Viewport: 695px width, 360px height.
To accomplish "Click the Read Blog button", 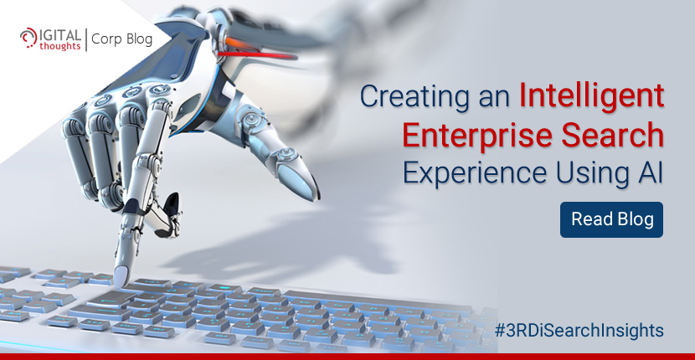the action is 611,219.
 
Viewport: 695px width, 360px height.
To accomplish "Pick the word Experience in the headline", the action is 474,173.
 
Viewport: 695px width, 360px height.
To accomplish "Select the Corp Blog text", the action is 122,39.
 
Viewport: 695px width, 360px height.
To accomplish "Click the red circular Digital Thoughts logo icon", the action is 28,37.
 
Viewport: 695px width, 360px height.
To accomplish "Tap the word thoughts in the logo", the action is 59,46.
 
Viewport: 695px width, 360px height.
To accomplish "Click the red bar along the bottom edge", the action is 347,357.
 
